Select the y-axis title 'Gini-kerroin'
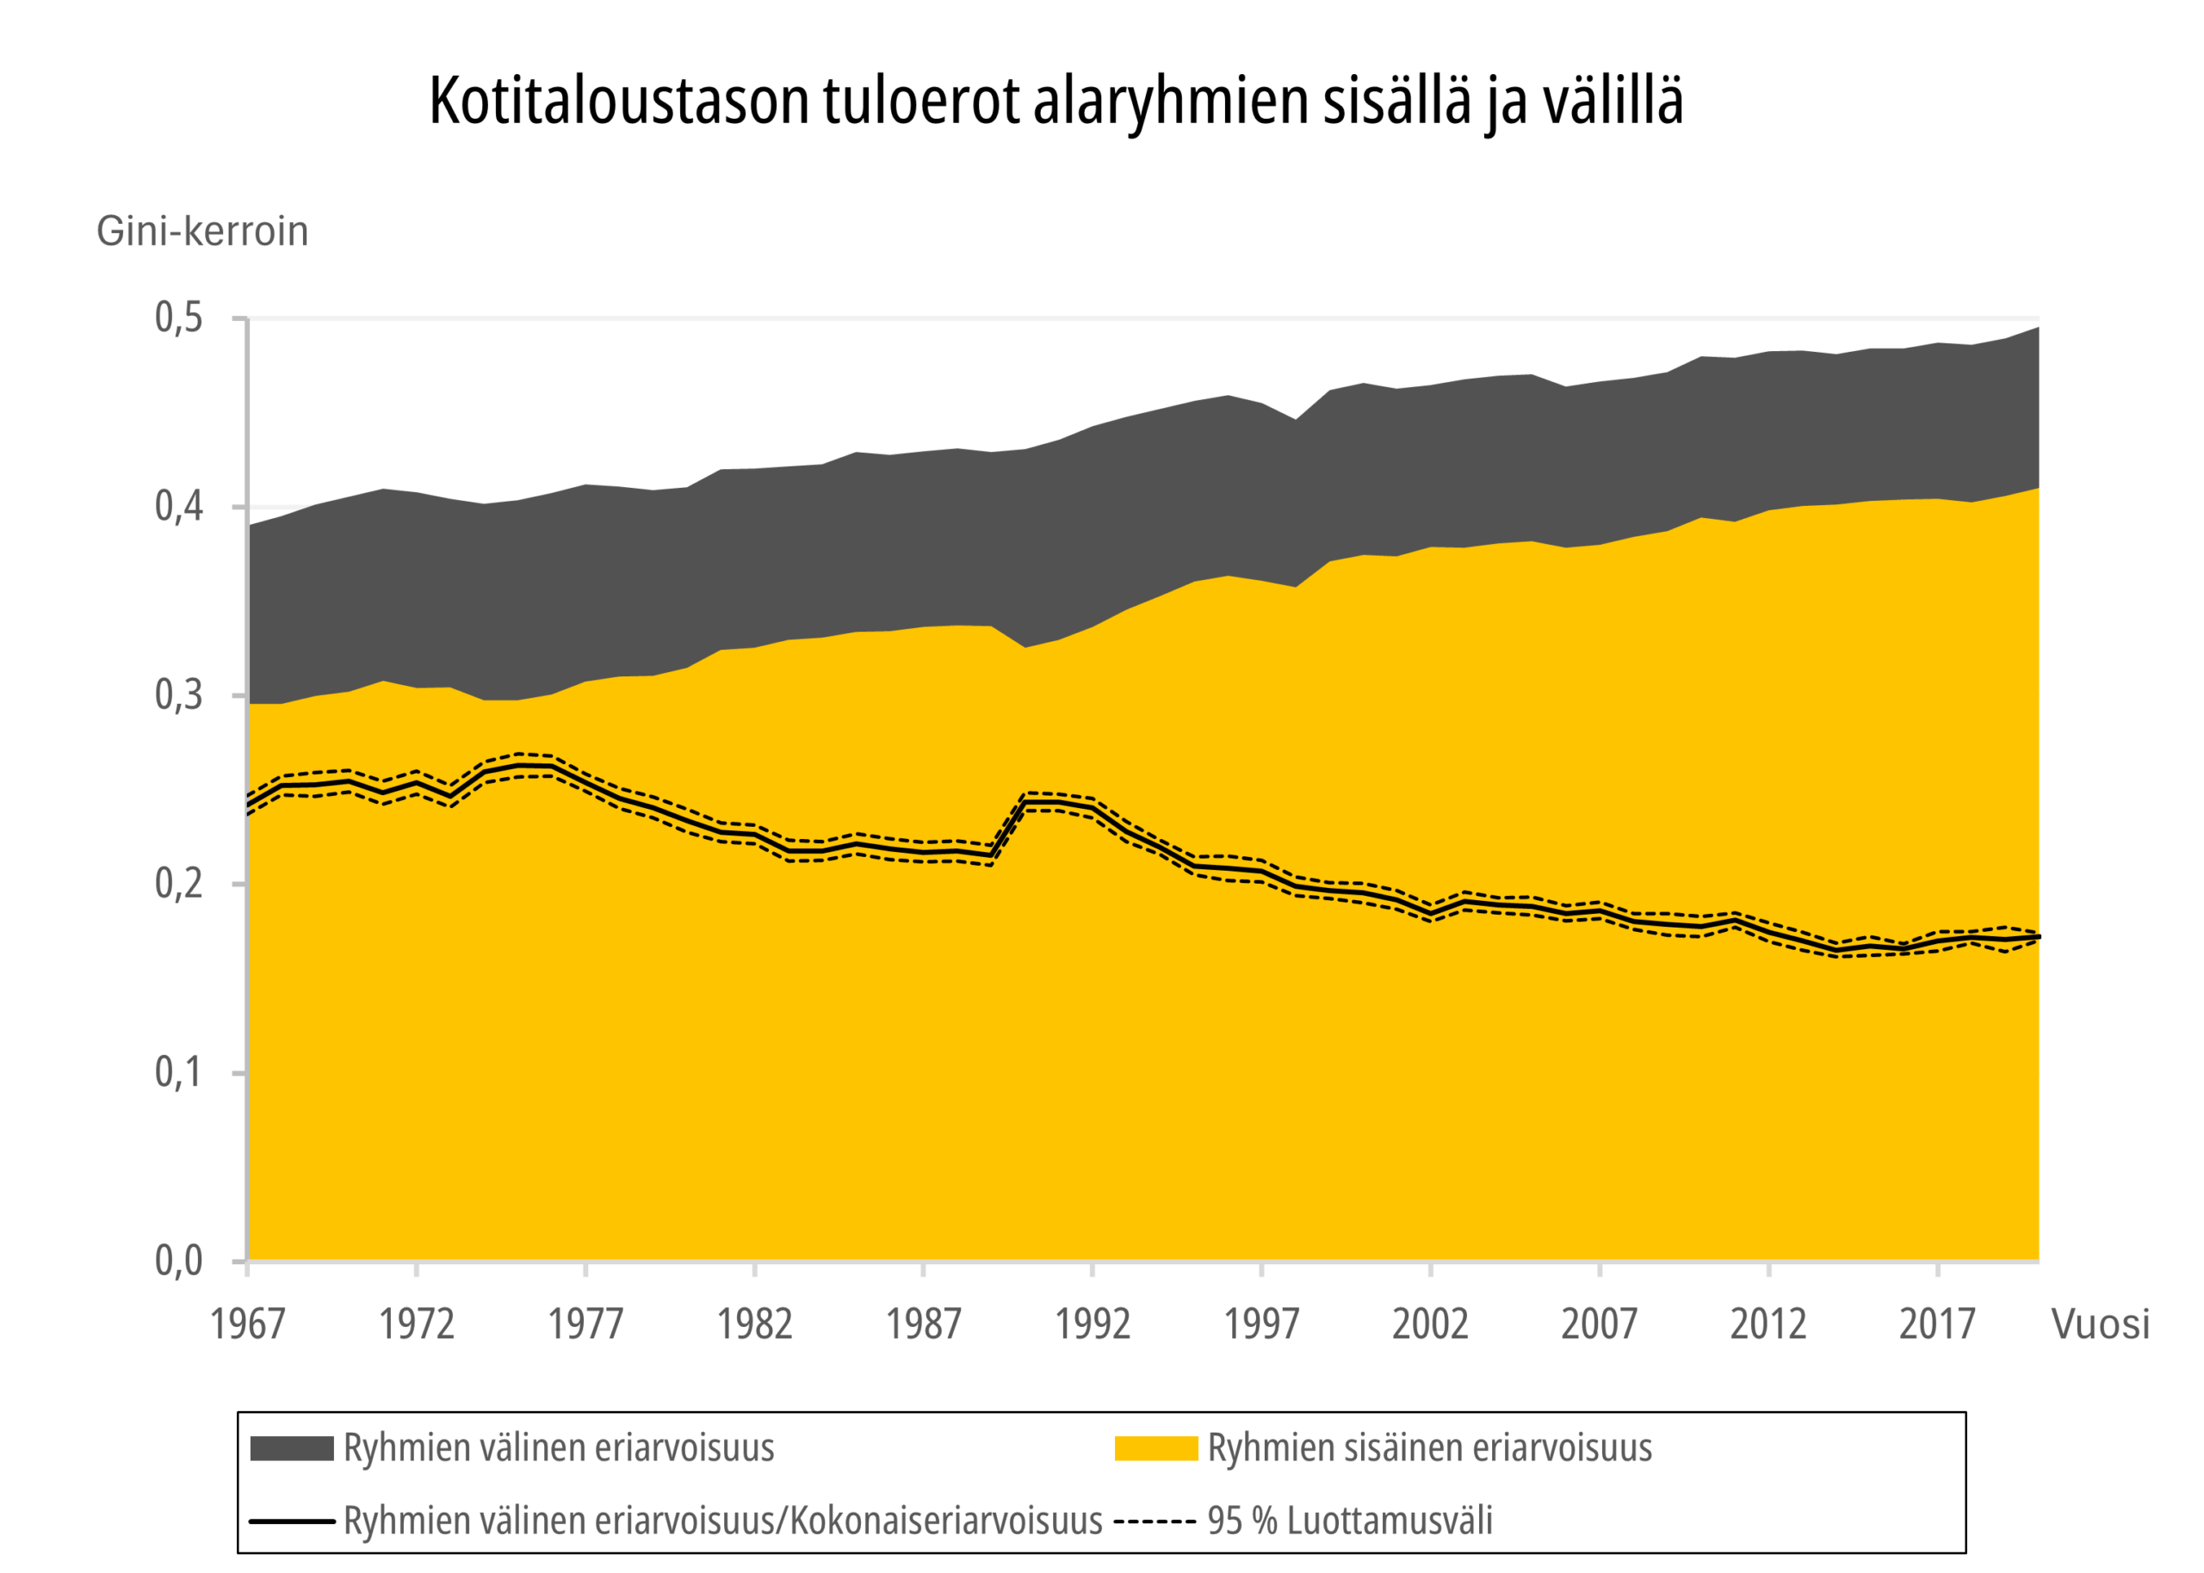coord(202,231)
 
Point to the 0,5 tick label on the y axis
coord(179,318)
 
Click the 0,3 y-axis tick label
coord(179,694)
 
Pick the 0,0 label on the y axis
coord(179,1260)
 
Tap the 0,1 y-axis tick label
coord(179,1072)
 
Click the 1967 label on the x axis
coord(248,1324)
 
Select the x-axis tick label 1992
coord(1092,1324)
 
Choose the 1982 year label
coord(755,1324)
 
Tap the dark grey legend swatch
coord(292,1448)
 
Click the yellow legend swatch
coord(1155,1448)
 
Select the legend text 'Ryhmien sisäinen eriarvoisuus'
coord(1429,1448)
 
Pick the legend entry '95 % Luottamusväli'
coord(1350,1521)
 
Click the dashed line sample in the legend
coord(1154,1521)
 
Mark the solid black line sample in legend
coord(292,1521)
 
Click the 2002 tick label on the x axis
coord(1430,1324)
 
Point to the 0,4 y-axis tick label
coord(179,506)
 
